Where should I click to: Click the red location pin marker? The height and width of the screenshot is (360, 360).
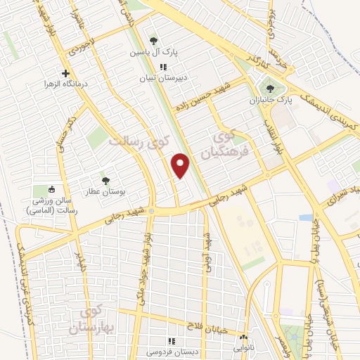click(181, 165)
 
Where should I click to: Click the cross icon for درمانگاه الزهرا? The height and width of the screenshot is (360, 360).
click(66, 73)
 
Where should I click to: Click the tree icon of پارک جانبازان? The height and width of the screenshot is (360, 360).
click(271, 89)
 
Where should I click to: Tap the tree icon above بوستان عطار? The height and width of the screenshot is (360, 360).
click(105, 181)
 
